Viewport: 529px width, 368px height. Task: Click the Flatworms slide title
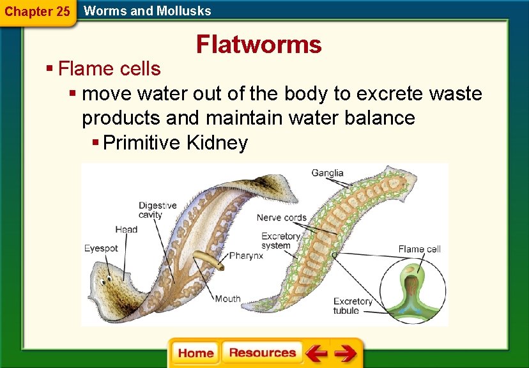[259, 45]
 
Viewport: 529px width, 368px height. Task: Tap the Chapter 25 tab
[37, 11]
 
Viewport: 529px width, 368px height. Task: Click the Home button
[195, 353]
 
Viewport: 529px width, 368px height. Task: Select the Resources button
[262, 353]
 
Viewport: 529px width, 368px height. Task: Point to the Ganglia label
[327, 172]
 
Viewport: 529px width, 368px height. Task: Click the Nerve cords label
[281, 218]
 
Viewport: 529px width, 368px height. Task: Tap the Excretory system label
[280, 241]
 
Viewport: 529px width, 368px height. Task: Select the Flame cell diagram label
[419, 249]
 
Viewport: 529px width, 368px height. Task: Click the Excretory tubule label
[353, 306]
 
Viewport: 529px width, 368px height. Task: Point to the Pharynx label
[246, 256]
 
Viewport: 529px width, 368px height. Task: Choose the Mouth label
[227, 298]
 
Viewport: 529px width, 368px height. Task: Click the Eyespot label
[101, 249]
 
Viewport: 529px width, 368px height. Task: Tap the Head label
[126, 229]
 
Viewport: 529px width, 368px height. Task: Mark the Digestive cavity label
[158, 210]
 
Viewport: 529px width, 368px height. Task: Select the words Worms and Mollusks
[147, 10]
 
